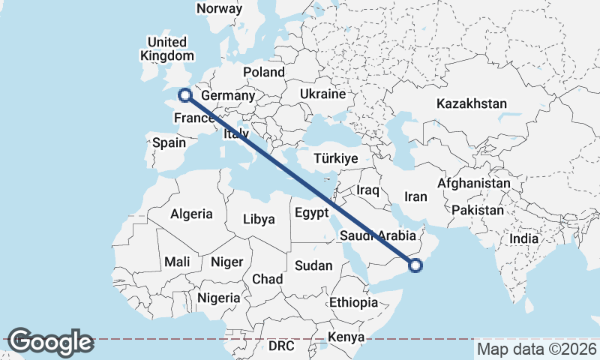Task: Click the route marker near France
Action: pos(183,94)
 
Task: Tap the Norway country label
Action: pos(219,9)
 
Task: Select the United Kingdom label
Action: pos(166,48)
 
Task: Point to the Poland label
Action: pos(264,73)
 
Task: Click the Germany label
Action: pos(228,96)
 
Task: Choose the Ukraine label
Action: pos(322,94)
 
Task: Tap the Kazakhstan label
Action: pos(472,103)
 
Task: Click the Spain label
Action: pos(169,142)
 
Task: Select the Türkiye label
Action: pos(336,159)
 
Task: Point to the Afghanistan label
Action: pos(474,183)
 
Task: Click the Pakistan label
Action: pos(478,210)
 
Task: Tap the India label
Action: pos(524,238)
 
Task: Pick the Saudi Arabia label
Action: pos(378,235)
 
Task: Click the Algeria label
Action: pos(191,214)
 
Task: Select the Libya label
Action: pos(259,220)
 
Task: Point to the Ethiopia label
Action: pos(353,303)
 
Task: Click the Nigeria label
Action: pos(219,298)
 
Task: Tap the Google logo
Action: pos(50,342)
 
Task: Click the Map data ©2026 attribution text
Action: pos(536,349)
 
